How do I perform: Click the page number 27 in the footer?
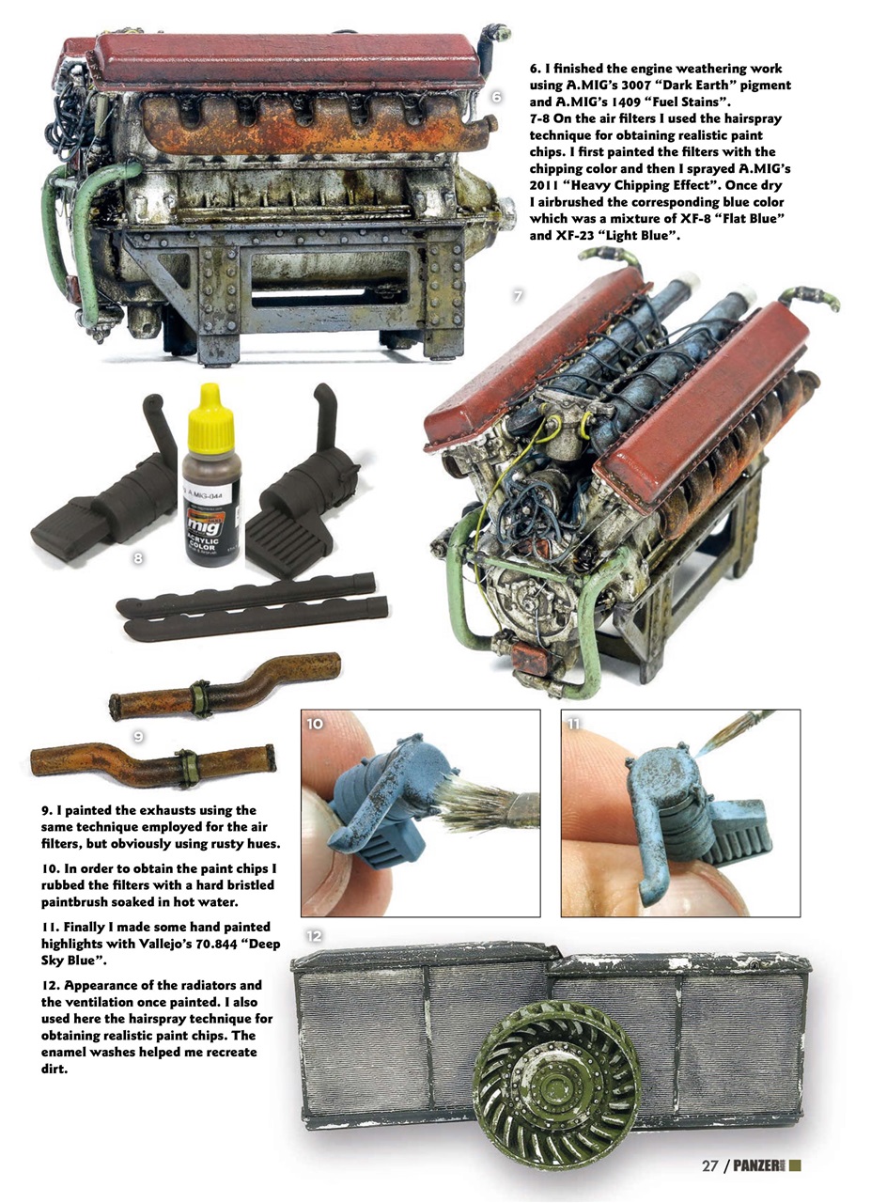click(x=711, y=1166)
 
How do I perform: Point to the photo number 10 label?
click(x=316, y=724)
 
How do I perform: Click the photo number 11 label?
click(x=575, y=724)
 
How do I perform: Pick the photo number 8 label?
click(x=138, y=558)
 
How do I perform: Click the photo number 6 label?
click(x=497, y=97)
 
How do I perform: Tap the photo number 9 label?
click(x=138, y=737)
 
